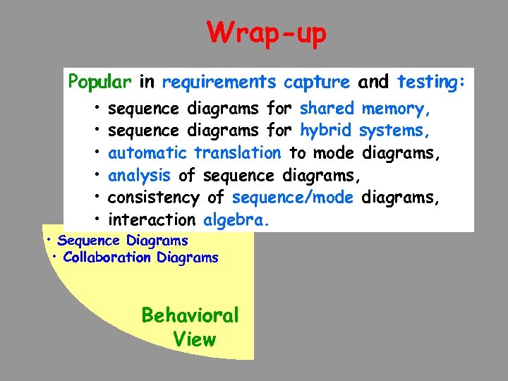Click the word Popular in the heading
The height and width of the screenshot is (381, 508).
[x=99, y=83]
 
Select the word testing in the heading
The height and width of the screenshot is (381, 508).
[x=429, y=83]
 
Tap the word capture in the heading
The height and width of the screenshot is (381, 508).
[x=316, y=83]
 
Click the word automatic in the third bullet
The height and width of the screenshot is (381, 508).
[x=147, y=153]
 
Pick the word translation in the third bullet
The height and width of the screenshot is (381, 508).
[x=237, y=153]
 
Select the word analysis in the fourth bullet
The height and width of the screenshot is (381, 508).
[x=139, y=176]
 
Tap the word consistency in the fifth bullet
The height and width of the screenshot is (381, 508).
[x=154, y=198]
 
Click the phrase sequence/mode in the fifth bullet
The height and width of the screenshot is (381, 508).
[x=292, y=198]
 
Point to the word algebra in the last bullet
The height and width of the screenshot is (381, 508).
[x=235, y=219]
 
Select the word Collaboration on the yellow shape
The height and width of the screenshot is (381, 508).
[x=107, y=258]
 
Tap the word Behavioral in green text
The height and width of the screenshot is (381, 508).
[x=190, y=315]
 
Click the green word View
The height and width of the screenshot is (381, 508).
[x=194, y=339]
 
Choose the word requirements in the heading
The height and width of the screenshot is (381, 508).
[x=219, y=83]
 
